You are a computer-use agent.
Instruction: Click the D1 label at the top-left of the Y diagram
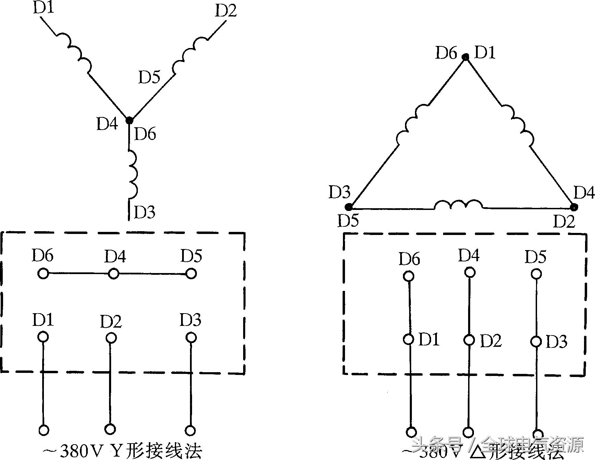(44, 8)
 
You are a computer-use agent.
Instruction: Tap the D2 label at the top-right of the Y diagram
(226, 11)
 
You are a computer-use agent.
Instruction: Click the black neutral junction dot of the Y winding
(129, 120)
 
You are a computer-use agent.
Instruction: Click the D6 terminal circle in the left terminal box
(43, 273)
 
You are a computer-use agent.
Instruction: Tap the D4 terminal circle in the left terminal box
(114, 274)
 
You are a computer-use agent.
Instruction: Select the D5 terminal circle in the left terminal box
(191, 274)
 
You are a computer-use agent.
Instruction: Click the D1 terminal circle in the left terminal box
(43, 337)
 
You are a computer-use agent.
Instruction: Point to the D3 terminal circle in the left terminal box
(191, 338)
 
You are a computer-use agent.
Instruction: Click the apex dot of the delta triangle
(465, 57)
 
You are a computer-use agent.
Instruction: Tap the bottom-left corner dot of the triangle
(349, 207)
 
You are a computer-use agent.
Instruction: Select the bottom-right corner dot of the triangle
(573, 207)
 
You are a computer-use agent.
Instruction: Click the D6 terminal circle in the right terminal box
(408, 276)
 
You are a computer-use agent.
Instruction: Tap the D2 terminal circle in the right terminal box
(469, 340)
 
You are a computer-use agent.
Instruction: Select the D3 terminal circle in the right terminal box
(536, 341)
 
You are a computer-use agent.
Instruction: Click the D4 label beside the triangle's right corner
(584, 193)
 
